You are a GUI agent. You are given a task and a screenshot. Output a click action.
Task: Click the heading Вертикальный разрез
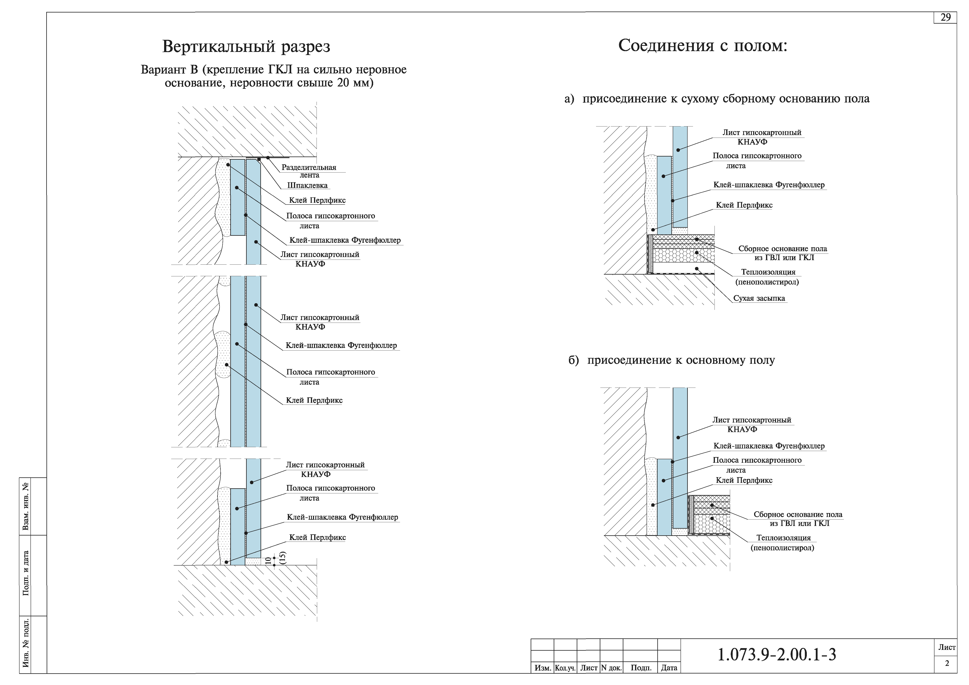(246, 46)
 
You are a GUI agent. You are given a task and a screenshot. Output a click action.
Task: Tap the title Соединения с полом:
(703, 45)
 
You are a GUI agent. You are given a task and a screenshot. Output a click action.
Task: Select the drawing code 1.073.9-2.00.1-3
(777, 655)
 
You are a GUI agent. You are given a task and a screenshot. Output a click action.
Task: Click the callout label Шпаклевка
(307, 185)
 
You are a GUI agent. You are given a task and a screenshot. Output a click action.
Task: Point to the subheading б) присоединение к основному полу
(672, 360)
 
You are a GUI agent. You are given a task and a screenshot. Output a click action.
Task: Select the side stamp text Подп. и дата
(26, 573)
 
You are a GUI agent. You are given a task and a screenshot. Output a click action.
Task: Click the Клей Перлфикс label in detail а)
(744, 205)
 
